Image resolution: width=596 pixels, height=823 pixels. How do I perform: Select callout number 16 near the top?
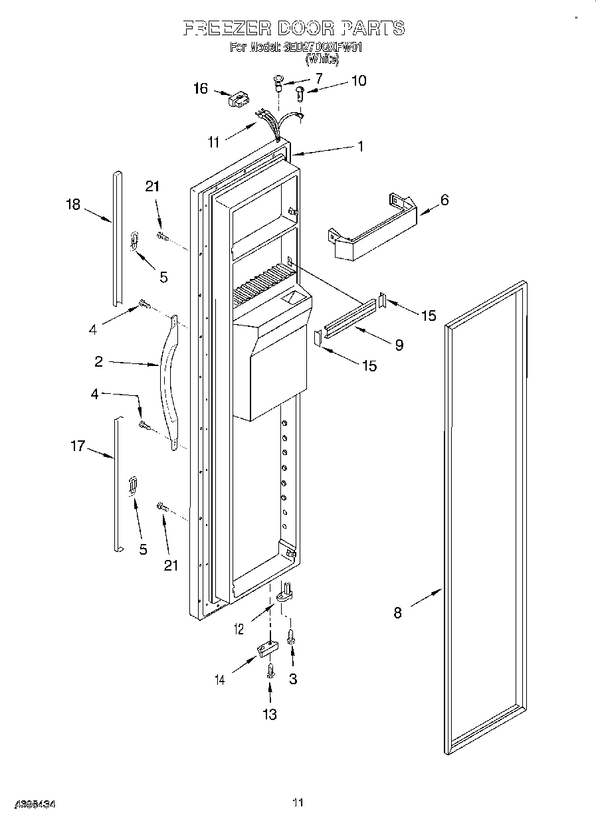pos(200,88)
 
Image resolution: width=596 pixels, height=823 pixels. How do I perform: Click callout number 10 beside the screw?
pos(358,81)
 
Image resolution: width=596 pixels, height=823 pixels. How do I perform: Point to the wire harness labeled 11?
pos(276,124)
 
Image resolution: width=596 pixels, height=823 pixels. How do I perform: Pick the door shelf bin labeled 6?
pos(372,229)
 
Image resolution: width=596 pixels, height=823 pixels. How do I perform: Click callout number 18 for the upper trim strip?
pos(72,205)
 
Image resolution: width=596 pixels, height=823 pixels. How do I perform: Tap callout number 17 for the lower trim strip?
pos(78,446)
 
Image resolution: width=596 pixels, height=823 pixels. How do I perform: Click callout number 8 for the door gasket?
pos(397,613)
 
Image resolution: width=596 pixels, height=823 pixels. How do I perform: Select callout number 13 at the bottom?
pos(269,714)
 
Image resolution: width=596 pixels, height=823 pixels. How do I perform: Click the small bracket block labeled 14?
pos(266,650)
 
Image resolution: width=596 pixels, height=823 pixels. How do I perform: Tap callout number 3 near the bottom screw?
pos(292,679)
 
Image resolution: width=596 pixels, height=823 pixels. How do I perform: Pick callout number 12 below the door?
pos(240,628)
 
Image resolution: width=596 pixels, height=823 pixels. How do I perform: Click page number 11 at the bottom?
pos(298,803)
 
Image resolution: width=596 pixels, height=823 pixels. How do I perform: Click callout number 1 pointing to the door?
pos(361,147)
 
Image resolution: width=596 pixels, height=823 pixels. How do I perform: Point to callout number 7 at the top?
pos(318,78)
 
